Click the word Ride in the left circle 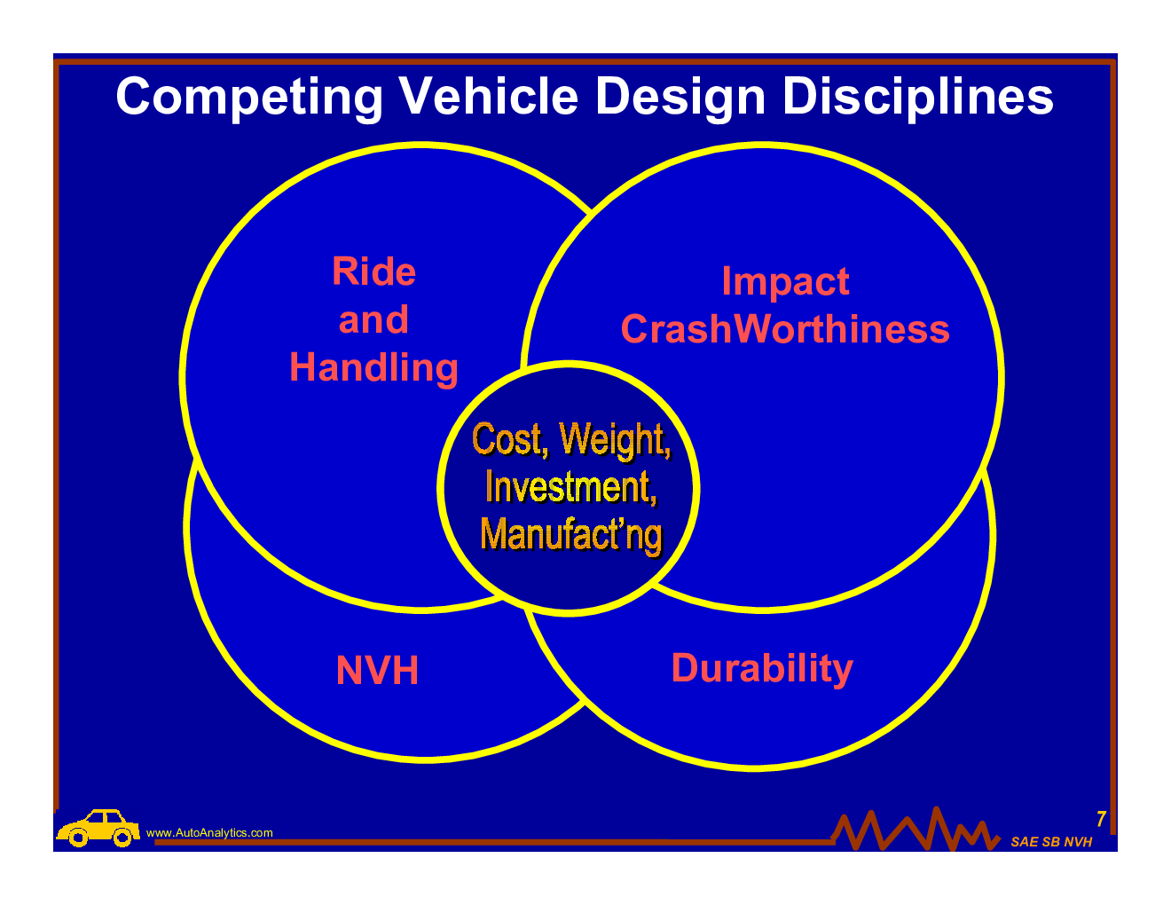click(x=373, y=271)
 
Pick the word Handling click(x=373, y=368)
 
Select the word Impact click(x=785, y=282)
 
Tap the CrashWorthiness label click(x=785, y=329)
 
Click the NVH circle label click(x=377, y=671)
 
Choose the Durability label click(x=762, y=668)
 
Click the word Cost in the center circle click(x=507, y=439)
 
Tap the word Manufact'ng click(x=570, y=534)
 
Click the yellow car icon click(x=98, y=828)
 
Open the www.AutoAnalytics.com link click(x=209, y=833)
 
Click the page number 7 click(x=1101, y=820)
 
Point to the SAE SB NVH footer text click(x=1051, y=842)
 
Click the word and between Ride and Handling click(x=373, y=320)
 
